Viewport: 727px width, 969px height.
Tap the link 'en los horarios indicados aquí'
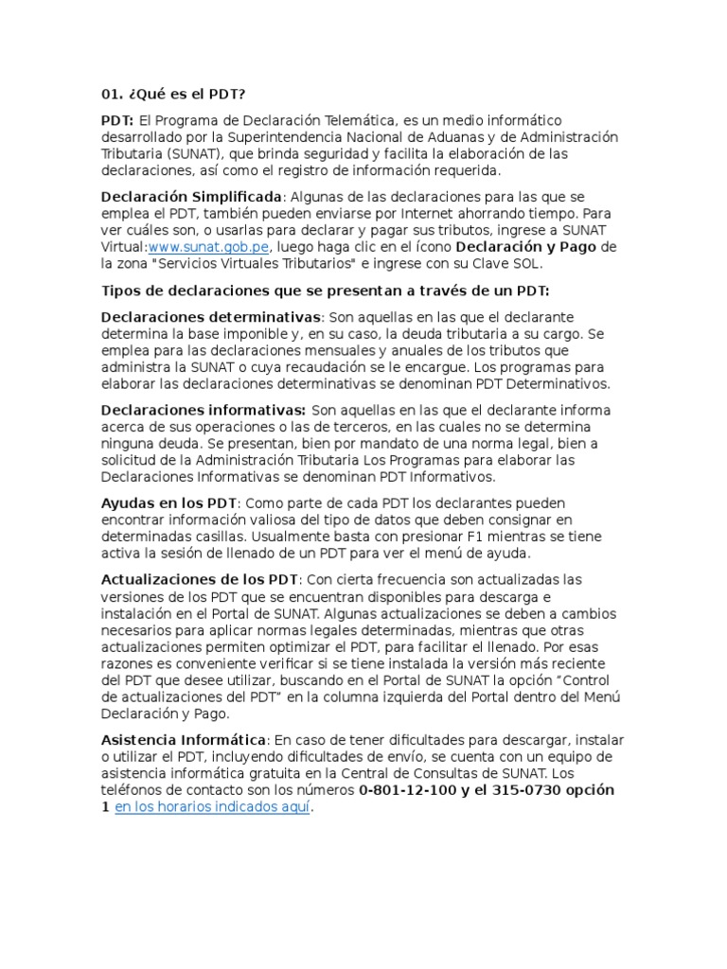(212, 807)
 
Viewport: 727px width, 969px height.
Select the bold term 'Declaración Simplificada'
(191, 197)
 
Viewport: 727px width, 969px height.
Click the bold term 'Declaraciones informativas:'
(203, 410)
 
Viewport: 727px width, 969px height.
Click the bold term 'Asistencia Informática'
(186, 739)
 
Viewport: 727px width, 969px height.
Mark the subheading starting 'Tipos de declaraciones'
(325, 290)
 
